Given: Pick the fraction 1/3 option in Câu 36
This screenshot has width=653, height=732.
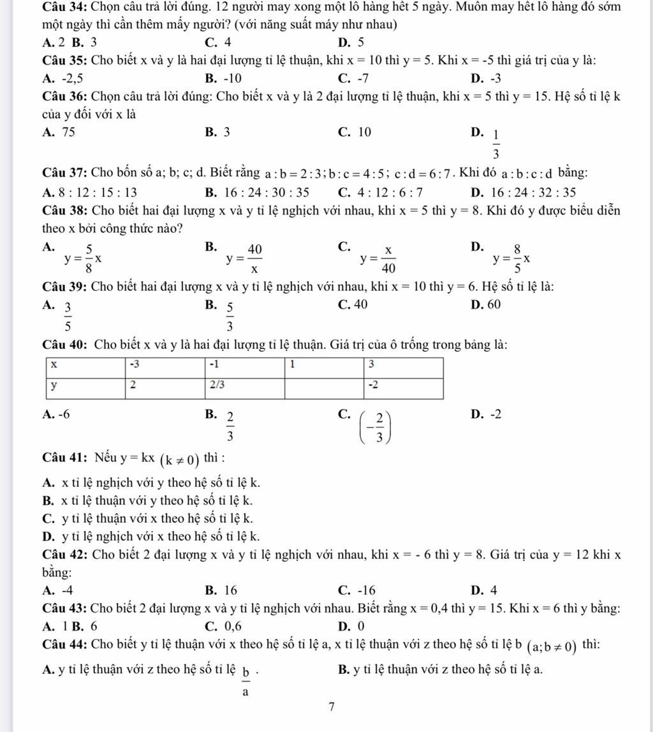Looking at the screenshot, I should click(495, 145).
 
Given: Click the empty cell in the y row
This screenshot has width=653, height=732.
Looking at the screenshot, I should click(323, 387).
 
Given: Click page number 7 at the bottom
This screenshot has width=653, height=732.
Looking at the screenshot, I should click(331, 706).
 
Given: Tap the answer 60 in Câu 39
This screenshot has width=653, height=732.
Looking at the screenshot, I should click(494, 304).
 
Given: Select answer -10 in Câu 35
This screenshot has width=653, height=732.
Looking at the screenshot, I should click(230, 78).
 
